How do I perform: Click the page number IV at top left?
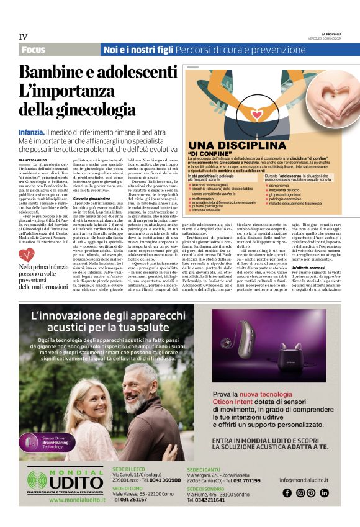click(24, 37)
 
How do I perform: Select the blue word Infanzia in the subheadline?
click(30, 133)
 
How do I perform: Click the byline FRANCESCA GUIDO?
click(34, 160)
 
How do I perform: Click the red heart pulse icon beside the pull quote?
click(27, 255)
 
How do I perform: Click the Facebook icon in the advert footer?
click(287, 493)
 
